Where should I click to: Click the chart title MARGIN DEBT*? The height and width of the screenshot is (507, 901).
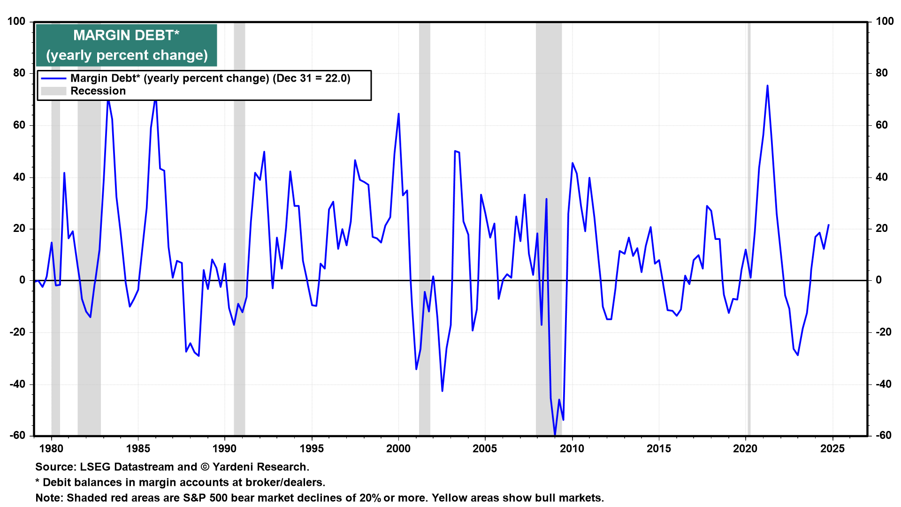click(126, 36)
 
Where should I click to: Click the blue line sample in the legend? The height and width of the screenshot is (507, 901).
click(53, 78)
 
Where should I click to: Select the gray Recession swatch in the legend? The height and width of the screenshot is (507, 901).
click(53, 91)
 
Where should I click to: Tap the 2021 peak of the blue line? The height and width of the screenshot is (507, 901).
click(767, 85)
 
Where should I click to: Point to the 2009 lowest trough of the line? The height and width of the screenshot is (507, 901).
click(555, 435)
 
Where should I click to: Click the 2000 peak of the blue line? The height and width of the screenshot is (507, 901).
click(398, 114)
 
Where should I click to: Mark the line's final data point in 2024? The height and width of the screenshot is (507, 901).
click(828, 225)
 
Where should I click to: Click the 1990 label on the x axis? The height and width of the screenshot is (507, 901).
click(225, 449)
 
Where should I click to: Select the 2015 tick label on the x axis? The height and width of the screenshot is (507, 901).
click(659, 449)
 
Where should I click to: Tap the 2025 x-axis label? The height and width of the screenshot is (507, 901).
click(832, 449)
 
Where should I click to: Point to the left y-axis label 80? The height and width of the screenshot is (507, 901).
click(19, 73)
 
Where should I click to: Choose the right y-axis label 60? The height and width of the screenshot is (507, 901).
click(881, 125)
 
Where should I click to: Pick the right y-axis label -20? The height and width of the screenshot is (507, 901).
click(883, 332)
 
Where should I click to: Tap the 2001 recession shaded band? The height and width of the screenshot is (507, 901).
click(424, 235)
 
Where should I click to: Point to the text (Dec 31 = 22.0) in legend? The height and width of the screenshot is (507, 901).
click(312, 78)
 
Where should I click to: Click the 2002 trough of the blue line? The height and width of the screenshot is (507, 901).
click(442, 391)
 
